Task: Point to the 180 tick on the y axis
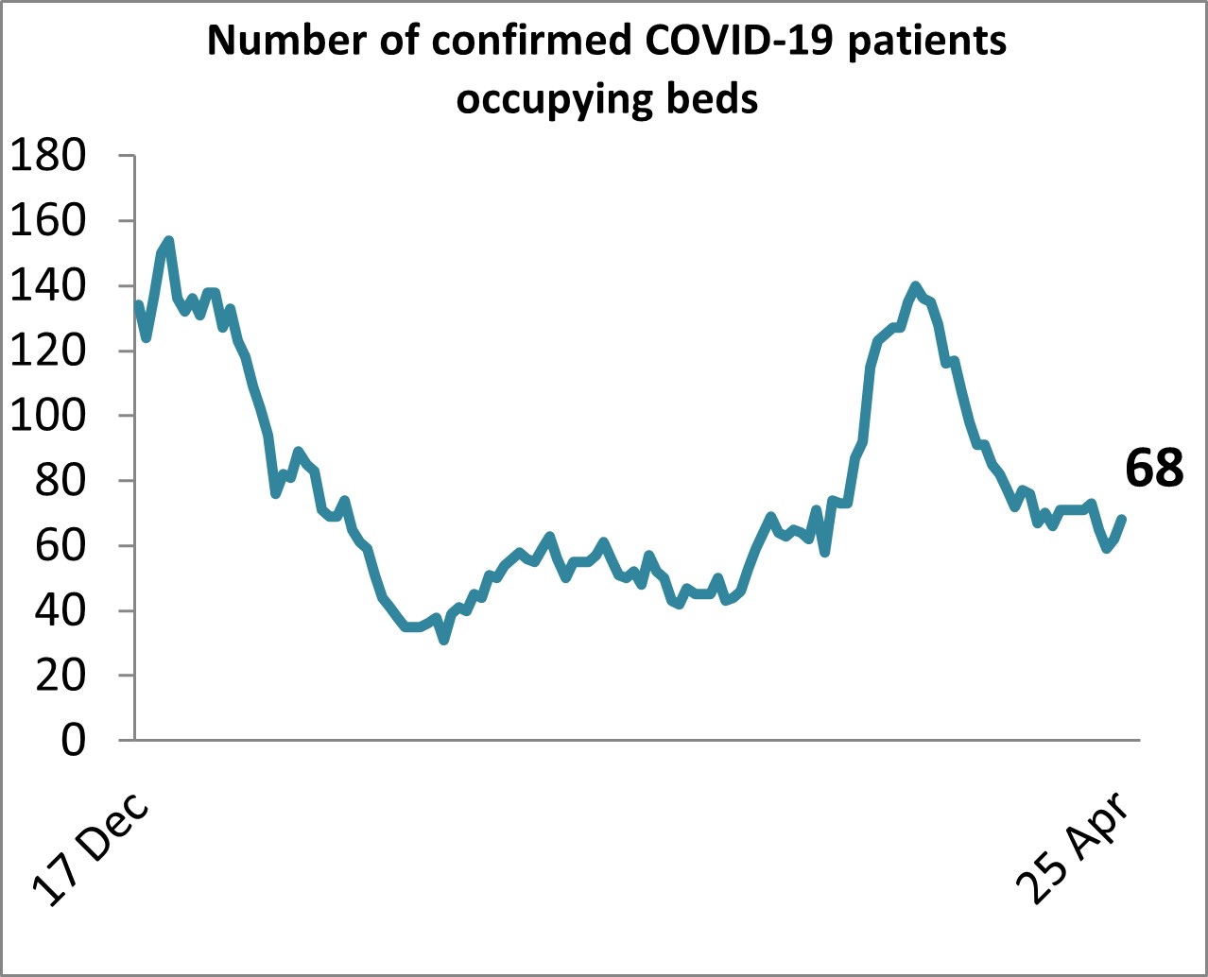[x=47, y=156]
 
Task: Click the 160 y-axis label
[x=47, y=221]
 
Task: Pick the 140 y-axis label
[x=47, y=286]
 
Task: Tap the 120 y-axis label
[x=47, y=351]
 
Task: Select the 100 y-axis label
[x=47, y=416]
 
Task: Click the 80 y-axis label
[x=59, y=481]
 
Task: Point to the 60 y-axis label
[x=59, y=546]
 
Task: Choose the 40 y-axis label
[x=59, y=611]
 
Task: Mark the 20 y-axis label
[x=59, y=676]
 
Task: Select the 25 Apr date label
[x=1073, y=848]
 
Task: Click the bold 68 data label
[x=1154, y=468]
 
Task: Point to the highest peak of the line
[x=168, y=240]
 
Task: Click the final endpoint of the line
[x=1122, y=518]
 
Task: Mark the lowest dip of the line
[x=443, y=641]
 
